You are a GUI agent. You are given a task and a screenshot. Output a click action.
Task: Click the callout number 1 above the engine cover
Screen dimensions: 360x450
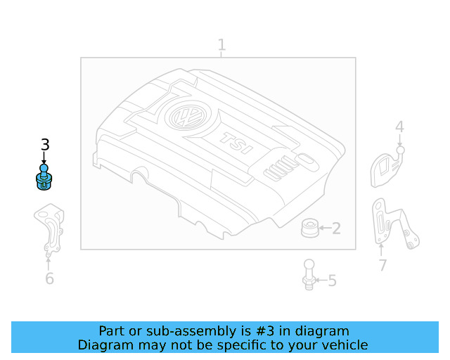221,46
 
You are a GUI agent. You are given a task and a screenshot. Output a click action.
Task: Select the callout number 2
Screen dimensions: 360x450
336,228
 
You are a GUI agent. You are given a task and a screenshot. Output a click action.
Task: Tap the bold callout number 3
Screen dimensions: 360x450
45,145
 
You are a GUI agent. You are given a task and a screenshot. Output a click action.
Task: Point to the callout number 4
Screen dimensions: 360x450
399,127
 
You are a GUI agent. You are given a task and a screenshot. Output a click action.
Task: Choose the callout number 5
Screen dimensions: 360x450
332,281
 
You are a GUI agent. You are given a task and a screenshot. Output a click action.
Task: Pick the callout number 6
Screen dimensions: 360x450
49,278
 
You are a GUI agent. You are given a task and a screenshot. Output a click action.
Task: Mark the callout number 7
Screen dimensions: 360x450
382,265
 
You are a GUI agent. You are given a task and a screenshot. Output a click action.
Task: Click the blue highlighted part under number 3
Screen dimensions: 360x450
45,177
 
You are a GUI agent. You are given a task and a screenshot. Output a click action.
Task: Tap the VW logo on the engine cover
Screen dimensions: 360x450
188,117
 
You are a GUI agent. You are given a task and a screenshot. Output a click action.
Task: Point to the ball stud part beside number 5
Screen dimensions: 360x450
308,274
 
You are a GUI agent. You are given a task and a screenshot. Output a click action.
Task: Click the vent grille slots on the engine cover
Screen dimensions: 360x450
278,169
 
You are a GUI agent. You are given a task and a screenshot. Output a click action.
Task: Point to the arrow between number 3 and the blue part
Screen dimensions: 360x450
45,159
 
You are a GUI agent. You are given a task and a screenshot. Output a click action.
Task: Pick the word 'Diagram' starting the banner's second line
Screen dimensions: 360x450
103,345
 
